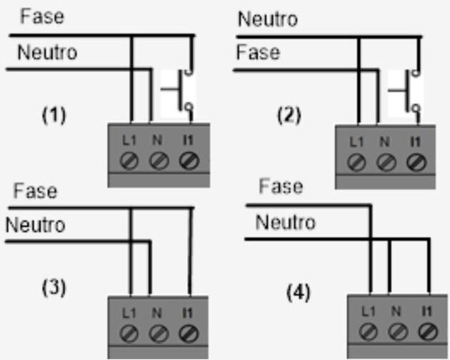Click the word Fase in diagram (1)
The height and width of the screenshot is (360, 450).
tap(42, 16)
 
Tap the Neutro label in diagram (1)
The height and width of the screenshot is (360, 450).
tap(47, 53)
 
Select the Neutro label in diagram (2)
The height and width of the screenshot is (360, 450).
tap(268, 19)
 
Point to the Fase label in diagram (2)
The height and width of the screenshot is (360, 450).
tap(258, 52)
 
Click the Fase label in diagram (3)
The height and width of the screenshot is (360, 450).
tap(35, 191)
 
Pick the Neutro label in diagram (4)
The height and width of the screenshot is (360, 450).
tap(285, 222)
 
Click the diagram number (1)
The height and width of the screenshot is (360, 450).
tap(54, 115)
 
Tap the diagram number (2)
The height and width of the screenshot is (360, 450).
tap(289, 116)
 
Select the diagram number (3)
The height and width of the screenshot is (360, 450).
tap(54, 288)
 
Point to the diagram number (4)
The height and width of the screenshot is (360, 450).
tap(299, 293)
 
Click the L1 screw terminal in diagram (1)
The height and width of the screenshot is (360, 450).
tap(129, 161)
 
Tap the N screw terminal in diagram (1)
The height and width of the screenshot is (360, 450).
tap(159, 161)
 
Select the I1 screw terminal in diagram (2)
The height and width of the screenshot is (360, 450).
tap(416, 162)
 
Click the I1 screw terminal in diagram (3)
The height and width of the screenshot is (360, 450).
tap(189, 334)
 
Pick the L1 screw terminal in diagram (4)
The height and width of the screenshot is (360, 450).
tap(368, 331)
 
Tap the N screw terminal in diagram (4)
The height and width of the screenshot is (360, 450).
tap(398, 331)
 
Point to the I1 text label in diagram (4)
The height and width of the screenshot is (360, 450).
tap(426, 311)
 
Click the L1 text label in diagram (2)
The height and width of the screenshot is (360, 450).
tap(356, 142)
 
